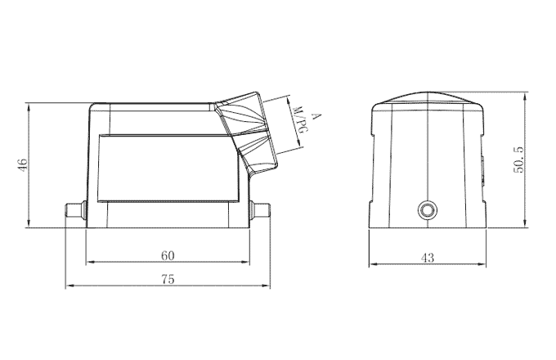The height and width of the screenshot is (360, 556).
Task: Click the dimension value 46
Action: tap(24, 165)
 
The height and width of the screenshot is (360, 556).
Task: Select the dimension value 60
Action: tap(167, 254)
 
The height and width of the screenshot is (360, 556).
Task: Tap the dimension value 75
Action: tap(167, 278)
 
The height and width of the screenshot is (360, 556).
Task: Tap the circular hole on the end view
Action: tap(426, 210)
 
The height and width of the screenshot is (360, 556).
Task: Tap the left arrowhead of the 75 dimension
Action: tap(69, 286)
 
